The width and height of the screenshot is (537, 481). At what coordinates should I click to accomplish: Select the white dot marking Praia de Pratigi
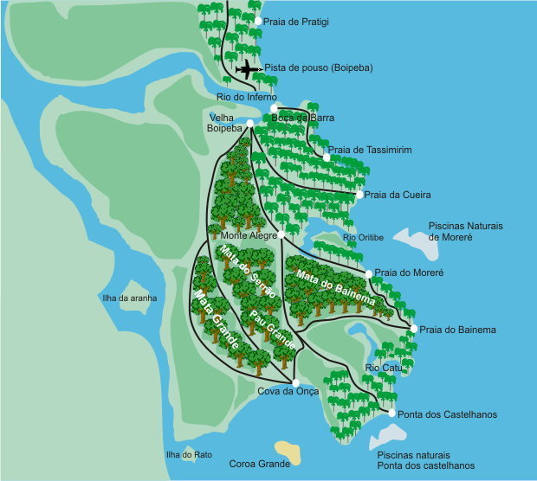pos(257,20)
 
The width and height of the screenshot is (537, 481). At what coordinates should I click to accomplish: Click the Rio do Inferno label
pos(247,97)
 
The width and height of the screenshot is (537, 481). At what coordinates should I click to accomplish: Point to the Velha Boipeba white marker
pos(249,125)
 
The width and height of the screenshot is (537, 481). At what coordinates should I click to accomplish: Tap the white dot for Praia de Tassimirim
pos(327,157)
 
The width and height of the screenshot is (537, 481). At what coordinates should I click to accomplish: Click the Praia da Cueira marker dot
pos(359,195)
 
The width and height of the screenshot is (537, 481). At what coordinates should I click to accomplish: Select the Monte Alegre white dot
pos(281,234)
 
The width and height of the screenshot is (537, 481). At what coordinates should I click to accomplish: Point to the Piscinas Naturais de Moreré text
pos(465,231)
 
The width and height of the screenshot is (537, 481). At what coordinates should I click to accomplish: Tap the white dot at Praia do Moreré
pos(368,273)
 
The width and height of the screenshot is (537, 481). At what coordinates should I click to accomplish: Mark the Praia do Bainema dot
pos(413,329)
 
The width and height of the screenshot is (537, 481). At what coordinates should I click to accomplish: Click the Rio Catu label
pos(382,368)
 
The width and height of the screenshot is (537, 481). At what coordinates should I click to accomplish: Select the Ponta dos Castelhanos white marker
pos(391,414)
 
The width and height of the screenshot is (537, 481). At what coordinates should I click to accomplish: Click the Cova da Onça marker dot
pos(295,382)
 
